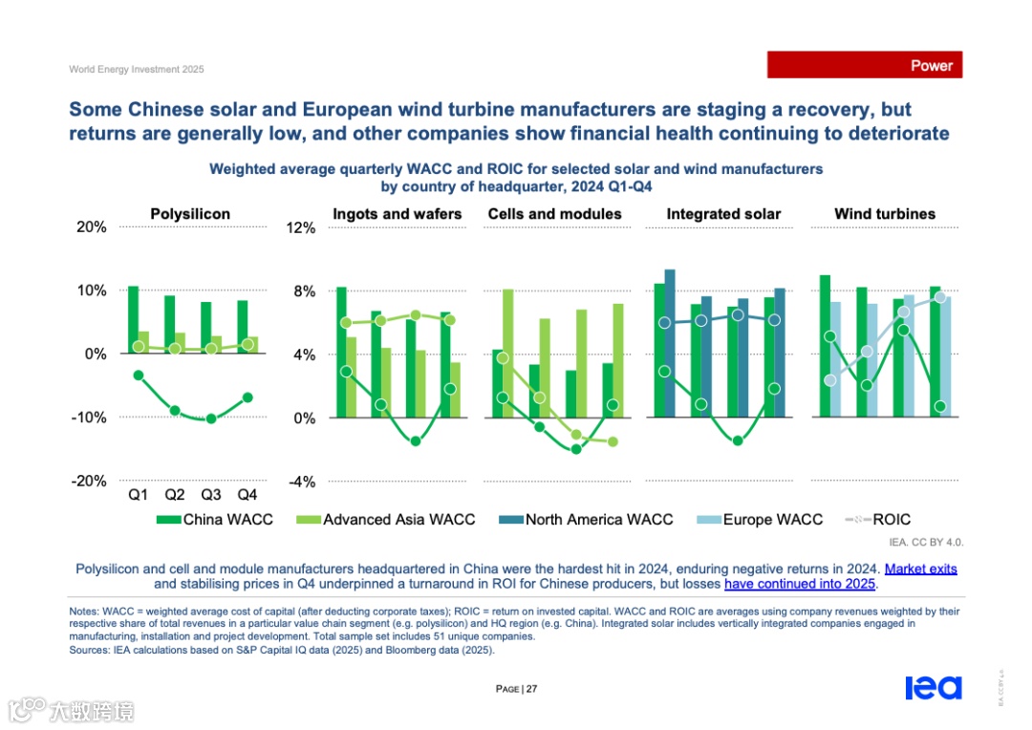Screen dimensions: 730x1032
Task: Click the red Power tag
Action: coord(865,65)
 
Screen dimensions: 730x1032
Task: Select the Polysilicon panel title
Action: coord(190,214)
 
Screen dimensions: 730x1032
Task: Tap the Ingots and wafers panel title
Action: coord(397,214)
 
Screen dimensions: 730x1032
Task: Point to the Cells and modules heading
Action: coord(554,214)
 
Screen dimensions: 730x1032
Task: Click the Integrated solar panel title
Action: coord(723,214)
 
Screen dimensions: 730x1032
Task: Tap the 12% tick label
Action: coord(301,228)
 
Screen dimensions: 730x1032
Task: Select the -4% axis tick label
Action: coord(301,482)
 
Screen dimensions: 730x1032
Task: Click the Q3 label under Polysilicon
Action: coord(211,495)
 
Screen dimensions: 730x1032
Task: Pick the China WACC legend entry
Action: coord(216,520)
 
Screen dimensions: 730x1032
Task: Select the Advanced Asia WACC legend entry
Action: coord(389,520)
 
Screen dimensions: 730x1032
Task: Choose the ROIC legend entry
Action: coord(879,520)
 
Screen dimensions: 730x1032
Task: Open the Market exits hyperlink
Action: coord(920,569)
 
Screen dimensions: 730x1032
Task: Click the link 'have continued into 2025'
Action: coord(800,584)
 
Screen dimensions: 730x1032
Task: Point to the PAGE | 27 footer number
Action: coord(516,689)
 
